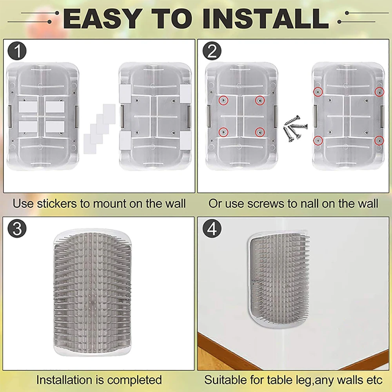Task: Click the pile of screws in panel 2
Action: click(x=295, y=128)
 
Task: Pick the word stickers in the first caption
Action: click(x=58, y=204)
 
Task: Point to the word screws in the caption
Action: click(x=263, y=204)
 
